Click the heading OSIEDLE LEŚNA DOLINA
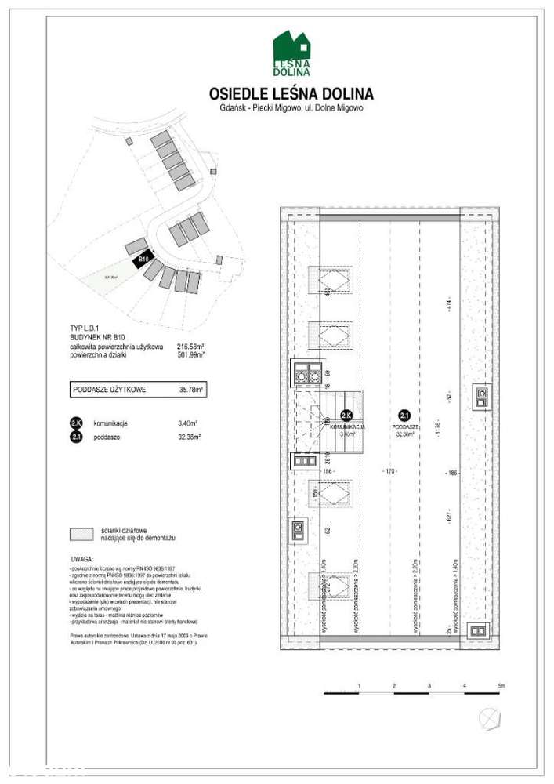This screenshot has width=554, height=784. point(291,94)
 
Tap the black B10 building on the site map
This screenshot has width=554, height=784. point(143,260)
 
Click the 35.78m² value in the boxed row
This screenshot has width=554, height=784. point(191,389)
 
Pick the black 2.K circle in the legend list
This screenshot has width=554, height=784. point(76,423)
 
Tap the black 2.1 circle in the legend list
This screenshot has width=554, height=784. point(76,437)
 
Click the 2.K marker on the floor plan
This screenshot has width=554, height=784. point(346,416)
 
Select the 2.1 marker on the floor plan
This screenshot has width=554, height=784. point(404,416)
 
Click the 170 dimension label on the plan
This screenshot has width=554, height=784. point(389,472)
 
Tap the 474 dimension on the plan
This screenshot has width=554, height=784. point(450,305)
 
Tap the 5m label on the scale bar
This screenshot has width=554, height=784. point(501,687)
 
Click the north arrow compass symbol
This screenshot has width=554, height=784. point(489,716)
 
